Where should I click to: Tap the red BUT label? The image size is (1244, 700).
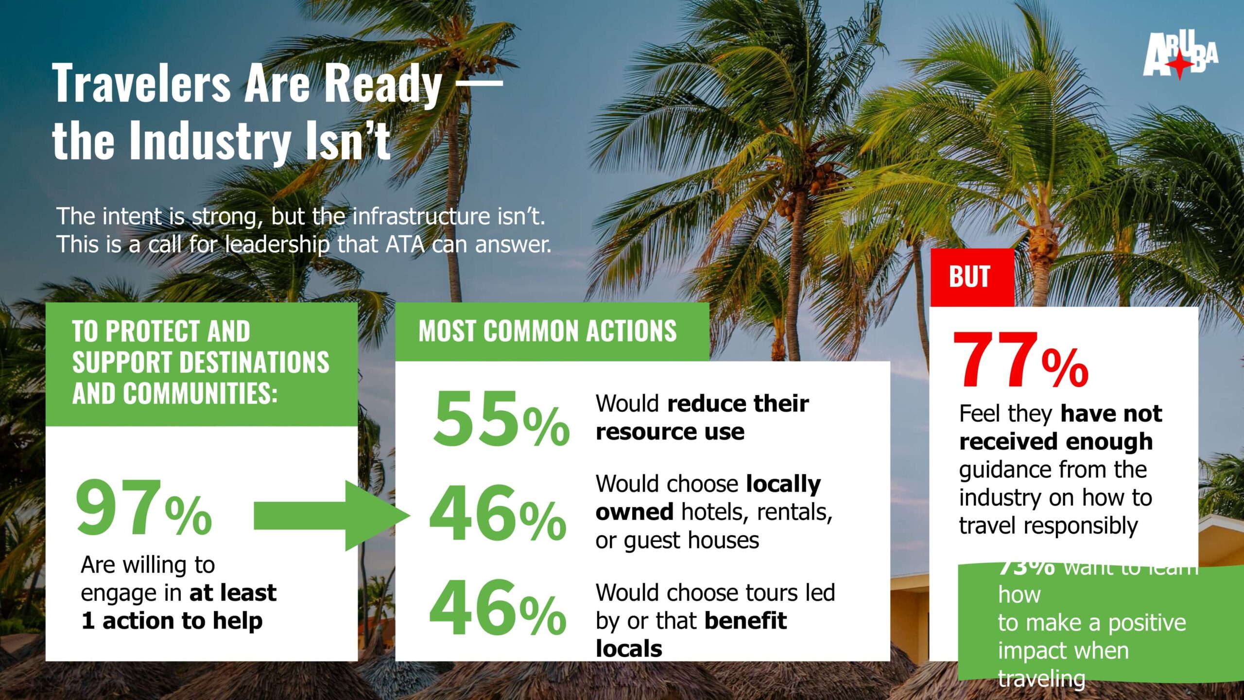pyautogui.click(x=970, y=277)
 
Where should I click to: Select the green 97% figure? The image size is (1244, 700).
pyautogui.click(x=144, y=507)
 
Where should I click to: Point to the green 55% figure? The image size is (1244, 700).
pyautogui.click(x=501, y=419)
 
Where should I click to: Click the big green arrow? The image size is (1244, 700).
pyautogui.click(x=330, y=515)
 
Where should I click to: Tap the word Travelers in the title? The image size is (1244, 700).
pyautogui.click(x=141, y=84)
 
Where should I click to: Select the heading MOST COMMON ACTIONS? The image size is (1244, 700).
pyautogui.click(x=547, y=332)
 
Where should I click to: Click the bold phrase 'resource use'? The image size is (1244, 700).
pyautogui.click(x=670, y=432)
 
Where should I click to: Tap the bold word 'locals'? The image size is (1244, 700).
pyautogui.click(x=629, y=649)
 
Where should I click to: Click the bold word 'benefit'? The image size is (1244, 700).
pyautogui.click(x=745, y=621)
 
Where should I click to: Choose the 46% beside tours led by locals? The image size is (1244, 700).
pyautogui.click(x=498, y=608)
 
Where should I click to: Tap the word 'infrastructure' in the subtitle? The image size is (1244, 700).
pyautogui.click(x=422, y=216)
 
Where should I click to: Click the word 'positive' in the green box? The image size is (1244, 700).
pyautogui.click(x=1147, y=623)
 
